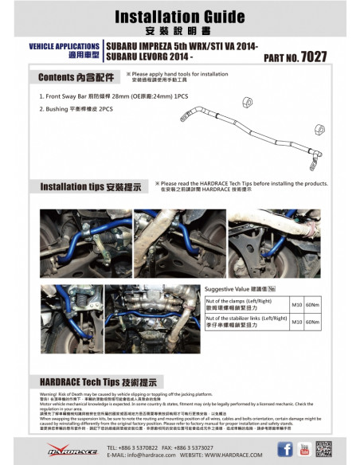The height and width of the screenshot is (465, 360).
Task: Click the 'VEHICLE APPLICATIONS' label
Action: (x=64, y=47)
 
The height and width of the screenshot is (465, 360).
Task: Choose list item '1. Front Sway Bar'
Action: (x=76, y=95)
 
